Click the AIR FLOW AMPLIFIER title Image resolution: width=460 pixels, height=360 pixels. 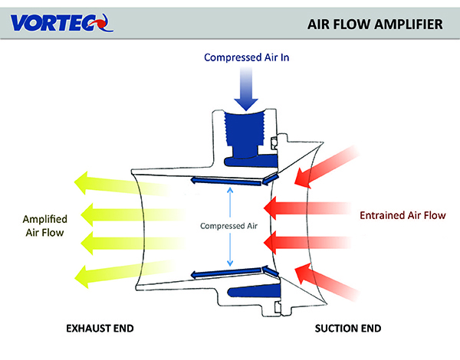click(x=375, y=23)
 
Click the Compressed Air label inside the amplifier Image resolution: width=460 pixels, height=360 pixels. click(x=230, y=226)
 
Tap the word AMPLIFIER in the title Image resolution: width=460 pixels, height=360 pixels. click(x=409, y=23)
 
